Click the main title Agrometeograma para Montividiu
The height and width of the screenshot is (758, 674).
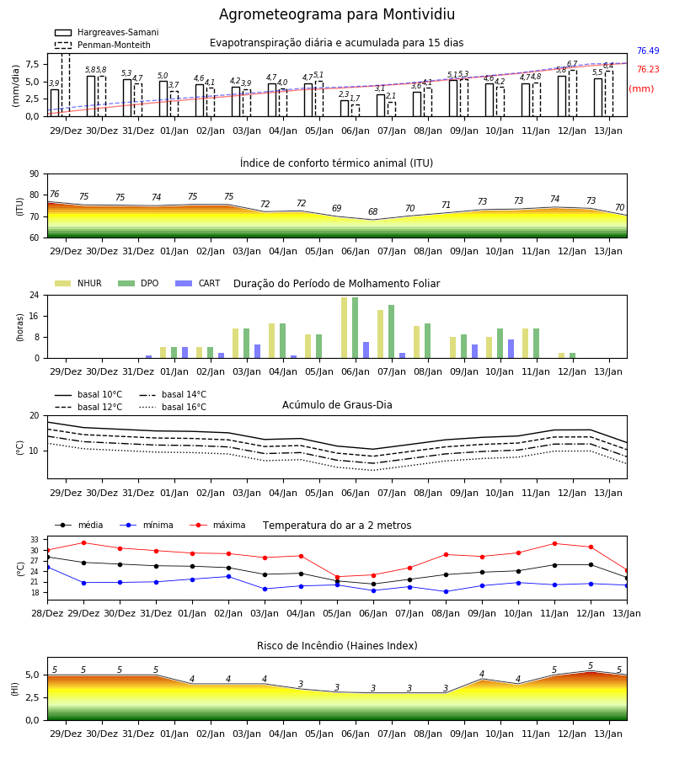pos(336,14)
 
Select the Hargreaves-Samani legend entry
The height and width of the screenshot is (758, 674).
pos(107,32)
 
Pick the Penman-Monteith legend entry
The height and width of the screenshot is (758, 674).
pos(103,45)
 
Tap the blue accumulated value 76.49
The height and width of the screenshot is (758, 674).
pos(648,51)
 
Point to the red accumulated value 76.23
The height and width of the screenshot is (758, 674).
pos(648,69)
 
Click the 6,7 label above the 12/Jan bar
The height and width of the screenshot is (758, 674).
pos(572,64)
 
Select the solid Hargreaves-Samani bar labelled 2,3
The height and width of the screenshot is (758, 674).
pos(345,109)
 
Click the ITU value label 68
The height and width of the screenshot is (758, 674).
pos(372,211)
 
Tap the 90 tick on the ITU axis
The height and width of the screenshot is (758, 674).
pos(35,174)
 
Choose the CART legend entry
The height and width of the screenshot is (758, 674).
pos(198,283)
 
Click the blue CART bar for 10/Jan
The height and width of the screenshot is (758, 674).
pos(511,349)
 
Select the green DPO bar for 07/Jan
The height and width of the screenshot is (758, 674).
pos(391,332)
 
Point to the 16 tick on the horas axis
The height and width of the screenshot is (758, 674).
pos(35,316)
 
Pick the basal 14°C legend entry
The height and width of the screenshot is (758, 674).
pos(173,394)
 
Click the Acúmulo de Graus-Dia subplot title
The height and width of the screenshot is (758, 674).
pos(337,404)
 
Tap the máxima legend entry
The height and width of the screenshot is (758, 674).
pos(218,525)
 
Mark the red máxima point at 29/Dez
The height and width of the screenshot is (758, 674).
pos(83,542)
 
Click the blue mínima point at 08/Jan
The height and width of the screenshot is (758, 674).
pos(446,591)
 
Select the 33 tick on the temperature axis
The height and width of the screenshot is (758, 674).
pos(35,540)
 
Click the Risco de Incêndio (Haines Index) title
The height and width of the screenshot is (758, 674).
pos(337,646)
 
